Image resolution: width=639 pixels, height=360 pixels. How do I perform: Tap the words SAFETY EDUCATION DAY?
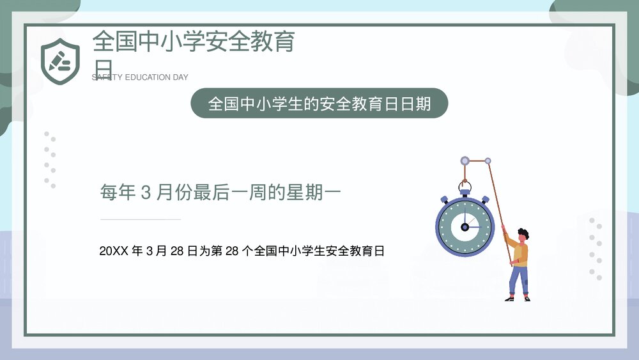point(141,77)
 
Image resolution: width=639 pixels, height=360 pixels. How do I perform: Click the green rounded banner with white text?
point(319,103)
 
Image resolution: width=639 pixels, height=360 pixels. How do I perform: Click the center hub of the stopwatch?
point(465,227)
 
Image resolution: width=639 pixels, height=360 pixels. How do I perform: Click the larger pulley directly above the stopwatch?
point(465,160)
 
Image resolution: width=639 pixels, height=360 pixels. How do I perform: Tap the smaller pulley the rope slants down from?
point(488,160)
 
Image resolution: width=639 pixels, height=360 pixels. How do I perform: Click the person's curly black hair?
point(523,233)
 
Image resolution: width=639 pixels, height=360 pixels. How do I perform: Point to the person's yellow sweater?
point(521,254)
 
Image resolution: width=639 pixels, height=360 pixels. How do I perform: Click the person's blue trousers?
point(520,280)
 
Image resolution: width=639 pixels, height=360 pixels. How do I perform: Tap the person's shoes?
point(518,299)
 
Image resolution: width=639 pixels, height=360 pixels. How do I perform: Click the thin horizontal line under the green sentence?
point(141,219)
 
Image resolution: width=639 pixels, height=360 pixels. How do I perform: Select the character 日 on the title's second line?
point(102,67)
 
